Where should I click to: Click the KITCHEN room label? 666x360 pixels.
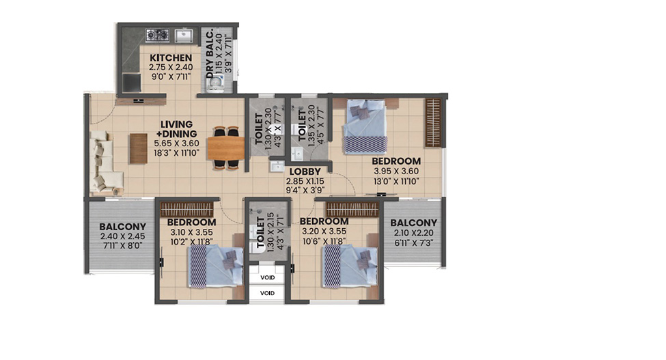(x=171, y=57)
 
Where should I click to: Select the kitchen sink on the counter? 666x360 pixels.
(x=184, y=36)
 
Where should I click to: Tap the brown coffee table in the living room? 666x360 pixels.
(x=139, y=148)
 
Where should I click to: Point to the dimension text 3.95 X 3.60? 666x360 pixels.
(x=396, y=171)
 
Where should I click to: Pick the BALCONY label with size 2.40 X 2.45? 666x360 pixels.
(x=123, y=226)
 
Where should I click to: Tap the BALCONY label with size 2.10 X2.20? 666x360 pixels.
(x=413, y=223)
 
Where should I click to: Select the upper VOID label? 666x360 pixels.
(x=267, y=277)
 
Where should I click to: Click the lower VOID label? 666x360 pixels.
(x=267, y=293)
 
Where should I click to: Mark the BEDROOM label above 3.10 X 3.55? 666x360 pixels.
(x=191, y=223)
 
